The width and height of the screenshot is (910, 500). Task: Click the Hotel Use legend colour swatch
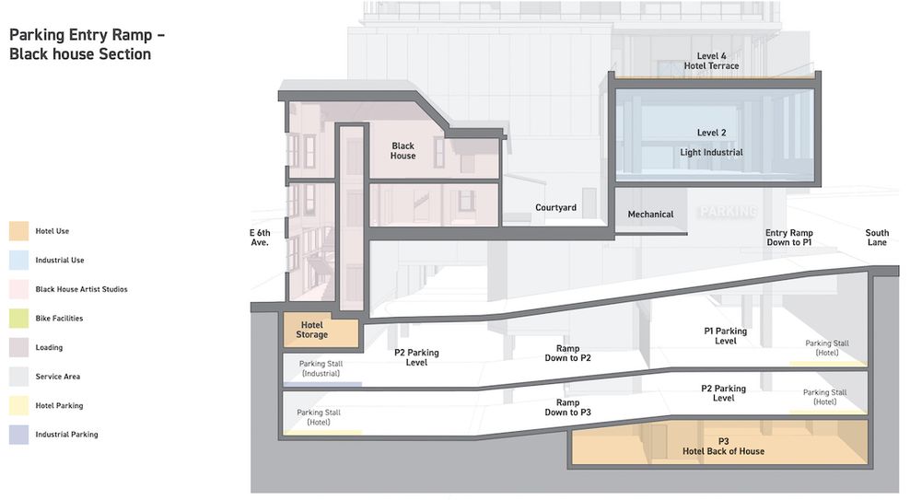[x=19, y=231]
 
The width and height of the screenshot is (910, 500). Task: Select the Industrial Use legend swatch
[x=19, y=261]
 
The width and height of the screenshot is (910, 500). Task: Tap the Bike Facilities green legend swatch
[x=19, y=319]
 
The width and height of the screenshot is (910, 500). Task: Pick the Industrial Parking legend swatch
[x=19, y=435]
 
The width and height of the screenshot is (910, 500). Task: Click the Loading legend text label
[x=50, y=348]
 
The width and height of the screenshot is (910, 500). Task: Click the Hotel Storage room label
[x=311, y=329]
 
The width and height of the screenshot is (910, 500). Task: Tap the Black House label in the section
[x=402, y=151]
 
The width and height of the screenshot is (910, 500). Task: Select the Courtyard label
[x=555, y=208]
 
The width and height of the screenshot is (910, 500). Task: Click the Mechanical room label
[x=650, y=215]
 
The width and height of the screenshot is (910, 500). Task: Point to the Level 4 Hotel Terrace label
[x=711, y=61]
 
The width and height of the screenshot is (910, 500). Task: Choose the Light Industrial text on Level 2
[x=711, y=153]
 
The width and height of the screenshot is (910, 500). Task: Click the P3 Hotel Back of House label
[x=723, y=446]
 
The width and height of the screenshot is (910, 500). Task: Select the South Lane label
[x=877, y=238]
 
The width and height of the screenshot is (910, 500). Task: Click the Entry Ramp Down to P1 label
[x=788, y=238]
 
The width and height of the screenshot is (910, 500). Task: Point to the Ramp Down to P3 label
[x=567, y=408]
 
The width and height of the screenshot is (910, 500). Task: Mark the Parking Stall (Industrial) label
[x=321, y=368]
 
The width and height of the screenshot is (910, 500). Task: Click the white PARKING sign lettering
[x=728, y=212]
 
